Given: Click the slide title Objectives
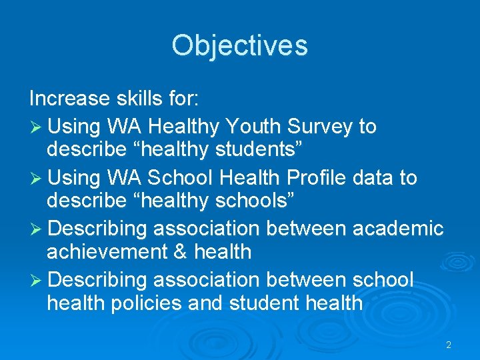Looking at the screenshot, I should (239, 45).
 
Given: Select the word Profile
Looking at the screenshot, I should (328, 177).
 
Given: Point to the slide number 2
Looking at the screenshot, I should (449, 345).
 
